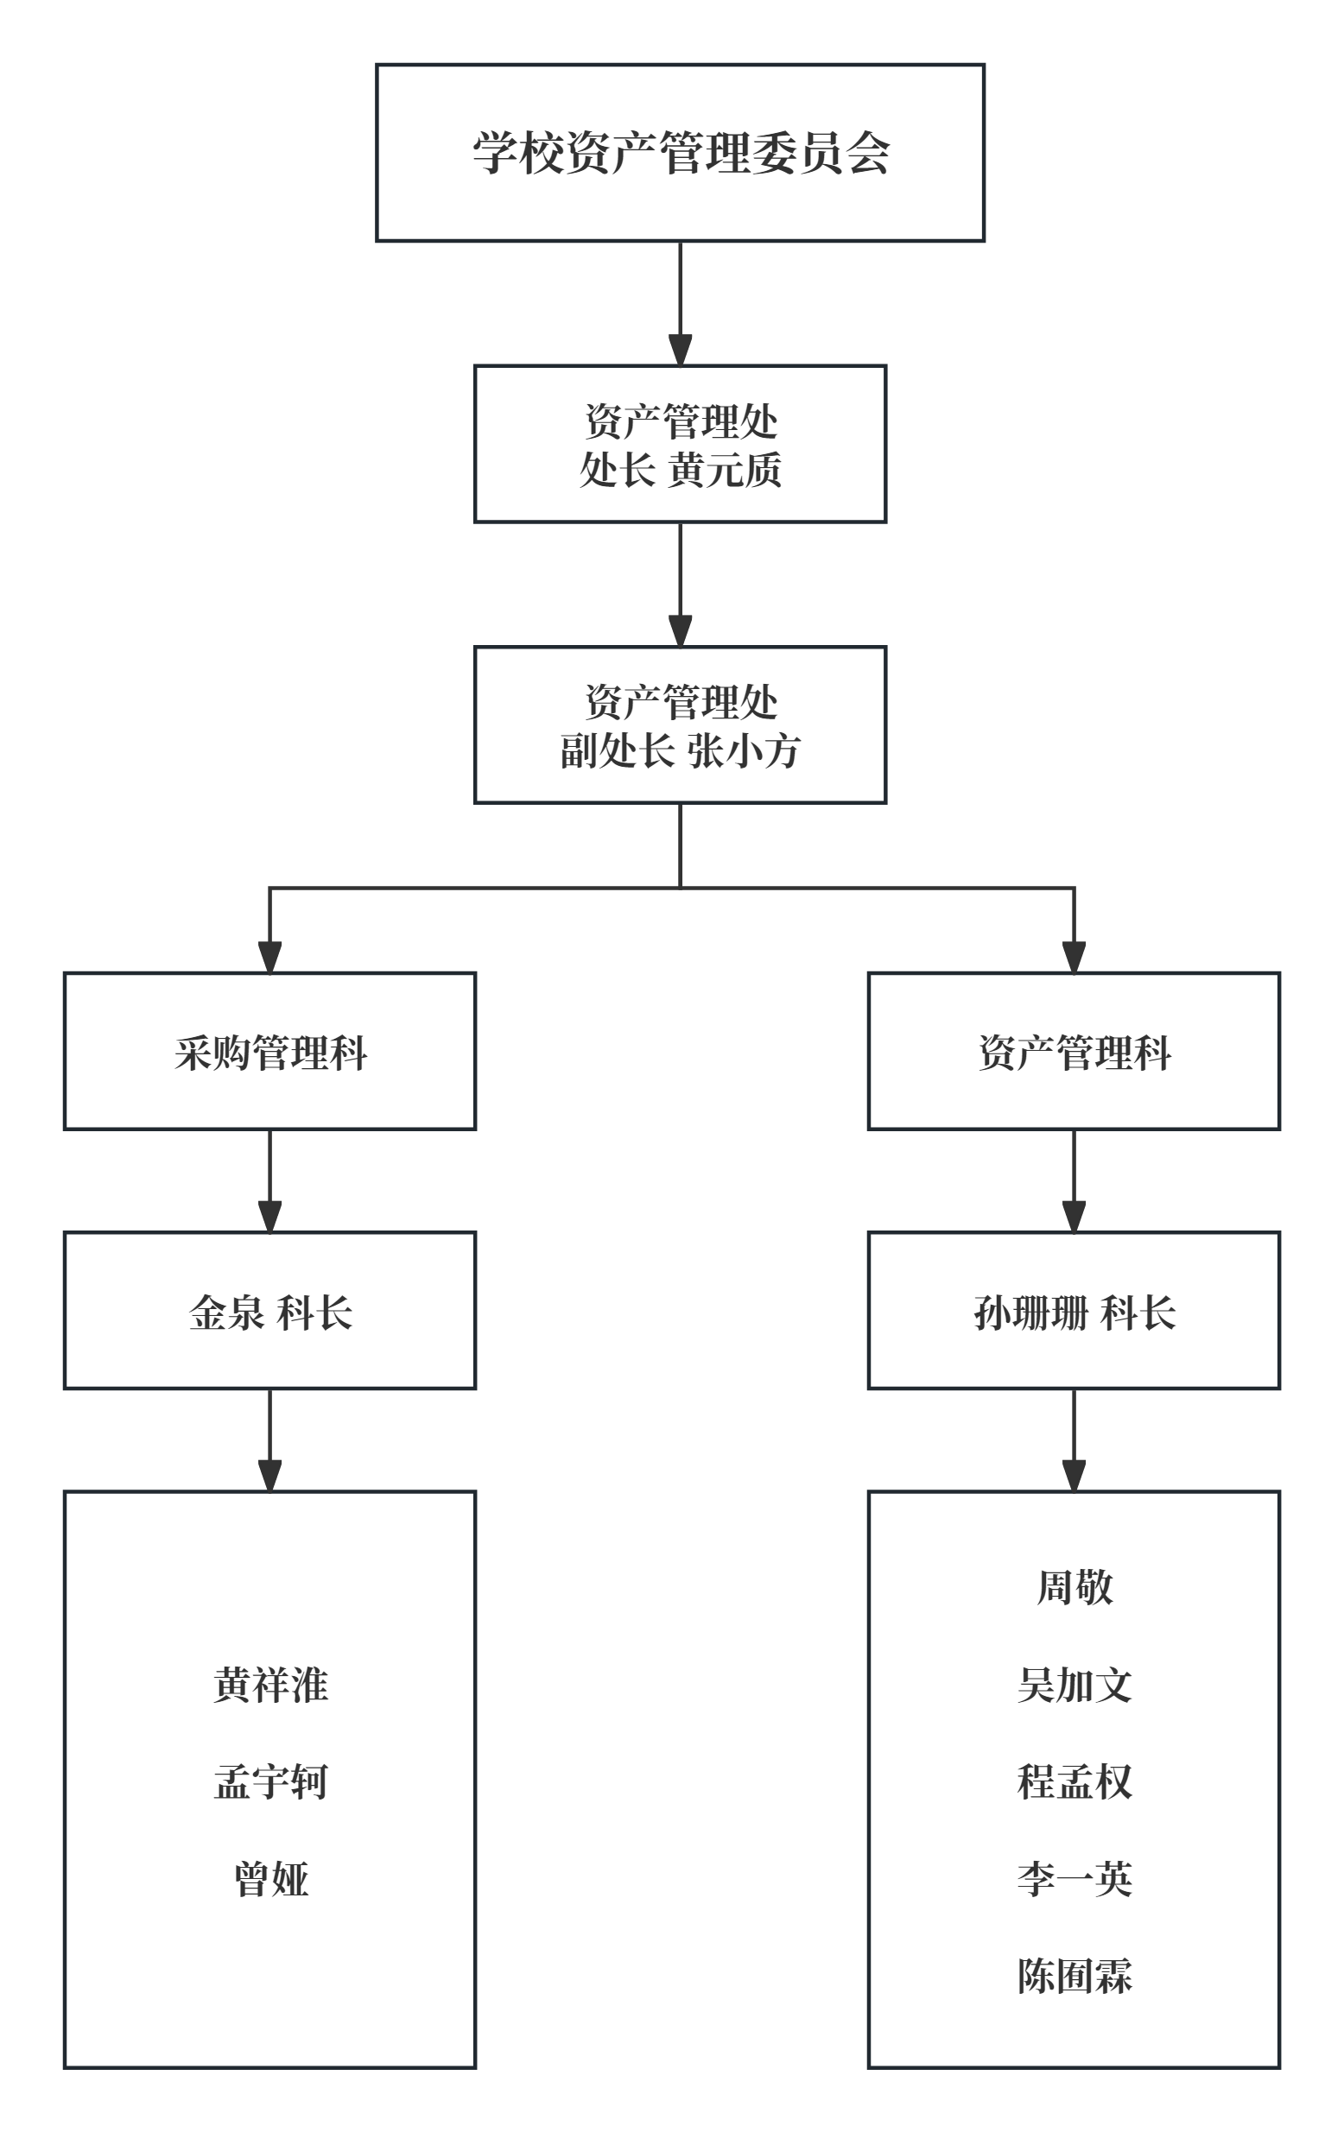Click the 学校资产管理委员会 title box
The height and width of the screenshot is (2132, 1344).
tap(680, 152)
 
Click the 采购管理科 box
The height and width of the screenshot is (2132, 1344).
tap(270, 1052)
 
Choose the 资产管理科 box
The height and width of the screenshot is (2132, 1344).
tap(1074, 1052)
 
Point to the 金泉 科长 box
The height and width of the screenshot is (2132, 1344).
tap(270, 1312)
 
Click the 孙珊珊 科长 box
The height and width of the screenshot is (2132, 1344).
tap(1074, 1312)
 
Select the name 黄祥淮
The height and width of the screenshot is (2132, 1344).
tap(270, 1685)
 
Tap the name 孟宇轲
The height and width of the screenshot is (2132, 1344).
tap(270, 1781)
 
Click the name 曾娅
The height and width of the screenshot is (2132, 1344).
tap(270, 1879)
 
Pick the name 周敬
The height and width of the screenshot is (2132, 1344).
tap(1074, 1587)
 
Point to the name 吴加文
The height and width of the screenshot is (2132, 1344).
tap(1074, 1685)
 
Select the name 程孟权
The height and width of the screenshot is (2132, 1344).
tap(1074, 1781)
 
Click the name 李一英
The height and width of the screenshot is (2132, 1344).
tap(1074, 1879)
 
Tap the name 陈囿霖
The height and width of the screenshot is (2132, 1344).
tap(1074, 1976)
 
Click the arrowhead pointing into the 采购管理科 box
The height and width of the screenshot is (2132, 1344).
tap(270, 958)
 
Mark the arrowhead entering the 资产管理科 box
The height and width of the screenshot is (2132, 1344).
tap(1074, 958)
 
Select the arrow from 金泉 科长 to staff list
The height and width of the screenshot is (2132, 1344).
tap(270, 1441)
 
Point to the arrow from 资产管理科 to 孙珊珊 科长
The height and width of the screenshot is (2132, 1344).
tap(1074, 1181)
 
